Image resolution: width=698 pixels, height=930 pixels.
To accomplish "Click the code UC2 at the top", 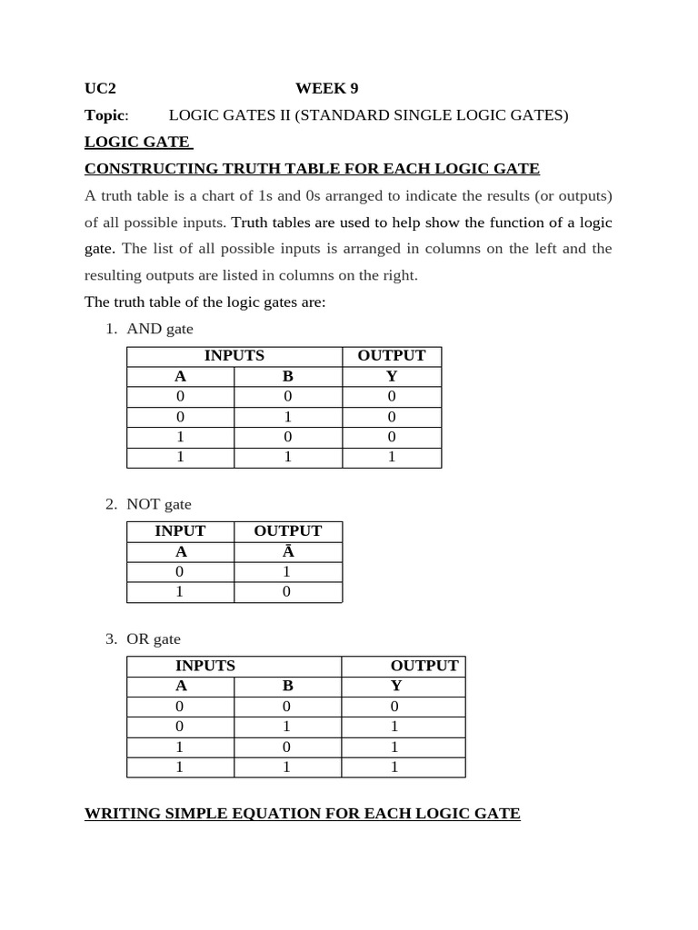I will (100, 88).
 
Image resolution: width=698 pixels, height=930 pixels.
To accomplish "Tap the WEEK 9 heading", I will (326, 88).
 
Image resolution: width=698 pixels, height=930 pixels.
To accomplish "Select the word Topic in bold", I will (105, 114).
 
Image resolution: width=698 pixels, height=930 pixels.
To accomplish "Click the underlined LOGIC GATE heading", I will (137, 142).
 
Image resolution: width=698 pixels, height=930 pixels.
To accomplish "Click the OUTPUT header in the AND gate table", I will (392, 356).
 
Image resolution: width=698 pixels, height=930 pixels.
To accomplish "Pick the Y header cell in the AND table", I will (392, 376).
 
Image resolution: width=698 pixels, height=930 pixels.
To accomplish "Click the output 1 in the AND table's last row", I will (392, 457).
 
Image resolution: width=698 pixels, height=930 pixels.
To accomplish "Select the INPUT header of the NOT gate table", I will (180, 531).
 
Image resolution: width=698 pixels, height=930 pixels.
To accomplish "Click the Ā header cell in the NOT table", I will (287, 551).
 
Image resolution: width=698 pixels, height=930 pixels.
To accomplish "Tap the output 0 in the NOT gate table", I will (287, 592).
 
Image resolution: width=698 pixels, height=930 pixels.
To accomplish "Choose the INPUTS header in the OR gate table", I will (205, 666).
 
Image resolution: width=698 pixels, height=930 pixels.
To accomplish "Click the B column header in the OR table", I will (288, 686).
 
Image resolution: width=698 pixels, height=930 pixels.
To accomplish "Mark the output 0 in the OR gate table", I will (395, 707).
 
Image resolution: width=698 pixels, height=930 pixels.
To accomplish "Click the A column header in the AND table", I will (180, 376).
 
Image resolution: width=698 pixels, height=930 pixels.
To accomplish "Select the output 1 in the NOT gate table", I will (287, 572).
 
